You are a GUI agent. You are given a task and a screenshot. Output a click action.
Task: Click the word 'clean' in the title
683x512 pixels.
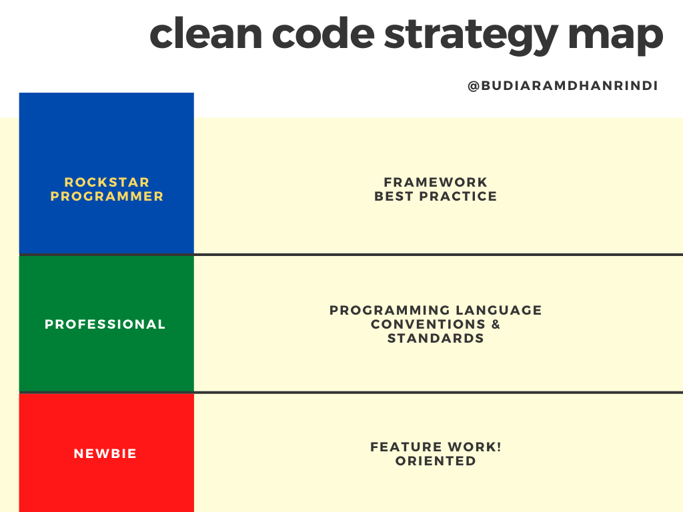pos(205,33)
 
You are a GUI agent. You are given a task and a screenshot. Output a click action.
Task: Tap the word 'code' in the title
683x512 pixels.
pos(323,33)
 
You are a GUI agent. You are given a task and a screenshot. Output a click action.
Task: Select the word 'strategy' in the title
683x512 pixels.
pos(471,37)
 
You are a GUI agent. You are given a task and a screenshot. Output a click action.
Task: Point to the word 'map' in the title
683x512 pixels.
pos(616,38)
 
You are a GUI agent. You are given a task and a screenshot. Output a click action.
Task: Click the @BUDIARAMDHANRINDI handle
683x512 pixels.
pos(562,85)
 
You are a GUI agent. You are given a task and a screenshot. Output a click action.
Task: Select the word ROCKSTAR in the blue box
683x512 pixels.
pos(107,182)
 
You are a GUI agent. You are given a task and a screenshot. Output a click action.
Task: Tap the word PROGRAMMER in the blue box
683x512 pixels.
pos(107,196)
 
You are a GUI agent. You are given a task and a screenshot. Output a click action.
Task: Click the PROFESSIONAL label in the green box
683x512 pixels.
pos(105,324)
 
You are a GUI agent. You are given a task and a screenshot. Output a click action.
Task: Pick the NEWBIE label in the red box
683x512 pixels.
pos(105,453)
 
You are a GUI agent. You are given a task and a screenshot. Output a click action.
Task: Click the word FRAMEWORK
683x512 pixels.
pos(436,182)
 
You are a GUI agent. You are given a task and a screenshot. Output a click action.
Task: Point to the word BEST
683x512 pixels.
pos(394,196)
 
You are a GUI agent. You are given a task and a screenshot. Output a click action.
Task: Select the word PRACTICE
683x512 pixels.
pos(458,196)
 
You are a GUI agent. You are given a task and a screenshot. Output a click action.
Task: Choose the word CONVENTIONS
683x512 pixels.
pos(428,324)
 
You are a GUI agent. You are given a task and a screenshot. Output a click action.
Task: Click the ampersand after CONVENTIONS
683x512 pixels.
pos(496,324)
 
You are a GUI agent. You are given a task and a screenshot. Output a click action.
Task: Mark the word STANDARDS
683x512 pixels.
pos(436,338)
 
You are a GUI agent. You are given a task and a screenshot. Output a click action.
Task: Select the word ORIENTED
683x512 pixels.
pos(436,461)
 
